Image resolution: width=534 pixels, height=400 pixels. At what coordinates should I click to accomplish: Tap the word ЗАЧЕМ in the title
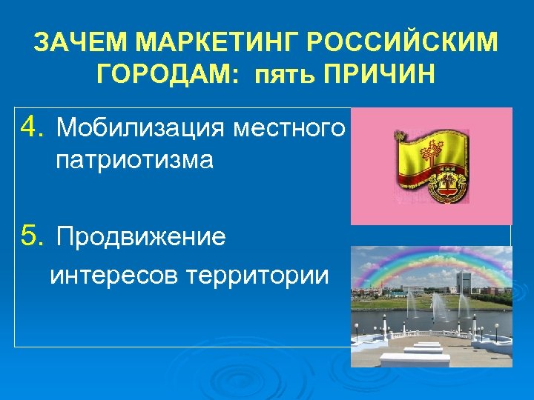pos(83,44)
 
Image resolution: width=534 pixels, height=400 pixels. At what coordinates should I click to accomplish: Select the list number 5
pos(32,237)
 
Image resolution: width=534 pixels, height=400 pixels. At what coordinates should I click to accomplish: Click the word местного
pos(289,128)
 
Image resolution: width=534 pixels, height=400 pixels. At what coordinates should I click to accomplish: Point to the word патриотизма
pos(134,160)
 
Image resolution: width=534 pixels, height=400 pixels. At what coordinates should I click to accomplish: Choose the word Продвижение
pos(141,238)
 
